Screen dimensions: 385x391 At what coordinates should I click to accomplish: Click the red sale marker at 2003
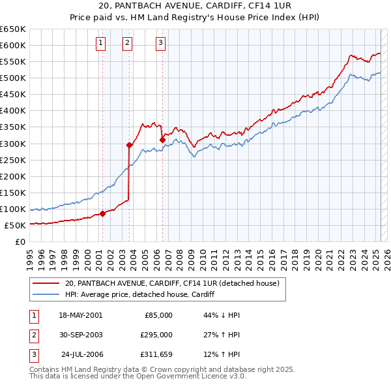(x=129, y=144)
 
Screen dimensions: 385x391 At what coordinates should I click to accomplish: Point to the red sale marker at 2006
(x=162, y=139)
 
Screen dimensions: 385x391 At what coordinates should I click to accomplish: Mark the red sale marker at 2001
(x=102, y=213)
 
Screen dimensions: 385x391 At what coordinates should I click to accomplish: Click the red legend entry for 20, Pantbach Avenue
(x=172, y=283)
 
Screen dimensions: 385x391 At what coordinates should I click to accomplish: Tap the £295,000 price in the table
(x=156, y=335)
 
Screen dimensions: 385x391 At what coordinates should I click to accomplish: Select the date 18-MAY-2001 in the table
(x=80, y=315)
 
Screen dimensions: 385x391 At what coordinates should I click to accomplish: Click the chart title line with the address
(x=196, y=7)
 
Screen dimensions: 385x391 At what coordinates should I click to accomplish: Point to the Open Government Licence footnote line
(x=138, y=376)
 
